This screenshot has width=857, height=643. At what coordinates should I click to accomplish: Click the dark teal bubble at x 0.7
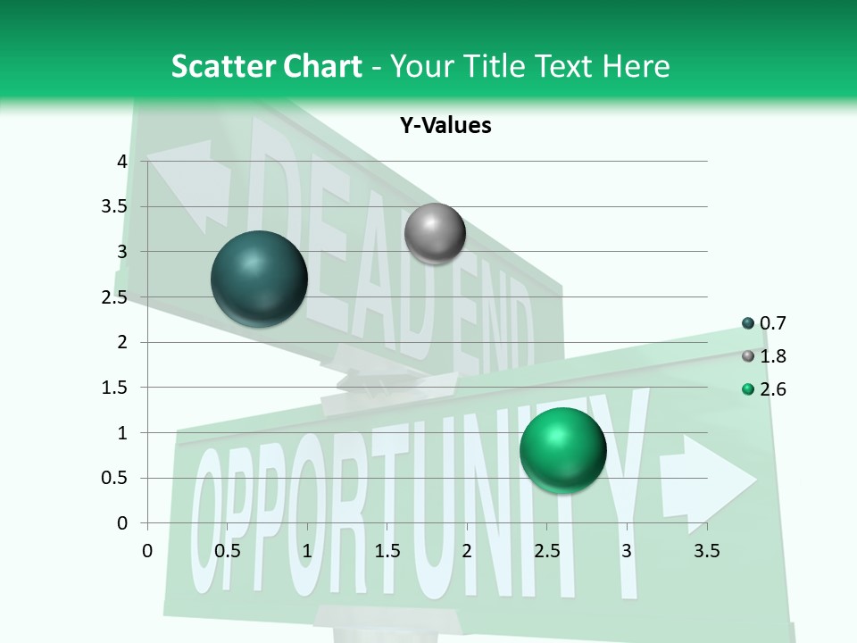pyautogui.click(x=259, y=279)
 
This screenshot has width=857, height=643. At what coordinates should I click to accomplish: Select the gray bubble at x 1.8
pyautogui.click(x=435, y=234)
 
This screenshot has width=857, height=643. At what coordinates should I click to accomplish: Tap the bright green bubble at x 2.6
pyautogui.click(x=562, y=449)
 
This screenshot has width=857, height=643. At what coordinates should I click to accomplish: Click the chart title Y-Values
pyautogui.click(x=445, y=126)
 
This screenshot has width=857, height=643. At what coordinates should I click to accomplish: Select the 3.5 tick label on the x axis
pyautogui.click(x=706, y=551)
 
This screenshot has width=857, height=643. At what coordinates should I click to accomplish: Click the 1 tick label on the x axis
pyautogui.click(x=307, y=551)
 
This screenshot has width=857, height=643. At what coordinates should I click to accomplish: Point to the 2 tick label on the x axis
pyautogui.click(x=467, y=551)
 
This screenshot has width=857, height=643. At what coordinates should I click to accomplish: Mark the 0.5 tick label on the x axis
pyautogui.click(x=228, y=551)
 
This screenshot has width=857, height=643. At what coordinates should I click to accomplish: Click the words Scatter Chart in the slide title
pyautogui.click(x=266, y=66)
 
